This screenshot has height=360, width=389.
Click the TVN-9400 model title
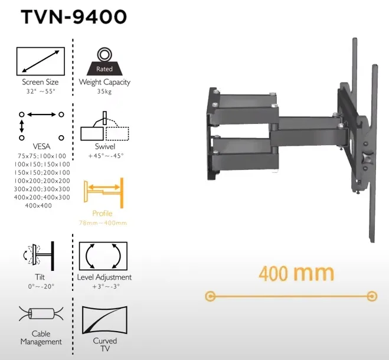(x=73, y=17)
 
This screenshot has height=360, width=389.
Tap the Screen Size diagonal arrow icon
(x=41, y=61)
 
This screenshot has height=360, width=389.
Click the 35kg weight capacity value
(x=104, y=91)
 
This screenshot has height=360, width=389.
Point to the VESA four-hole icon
(x=41, y=122)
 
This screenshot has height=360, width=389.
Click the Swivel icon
(x=104, y=126)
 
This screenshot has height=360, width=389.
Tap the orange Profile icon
(x=104, y=192)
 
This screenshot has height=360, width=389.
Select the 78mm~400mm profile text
(x=103, y=223)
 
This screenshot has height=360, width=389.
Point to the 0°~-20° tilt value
(x=41, y=286)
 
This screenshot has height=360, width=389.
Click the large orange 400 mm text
(x=296, y=273)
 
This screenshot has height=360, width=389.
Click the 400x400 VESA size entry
(x=38, y=205)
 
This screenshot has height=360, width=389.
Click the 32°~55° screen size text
(x=41, y=91)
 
